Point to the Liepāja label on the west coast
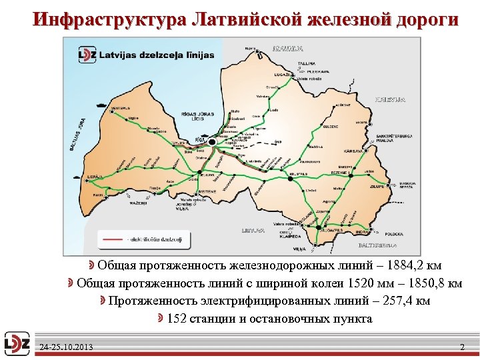click(x=95, y=176)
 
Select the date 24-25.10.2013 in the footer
click(x=66, y=347)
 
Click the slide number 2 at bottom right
click(x=463, y=347)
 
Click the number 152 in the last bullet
click(x=177, y=319)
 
